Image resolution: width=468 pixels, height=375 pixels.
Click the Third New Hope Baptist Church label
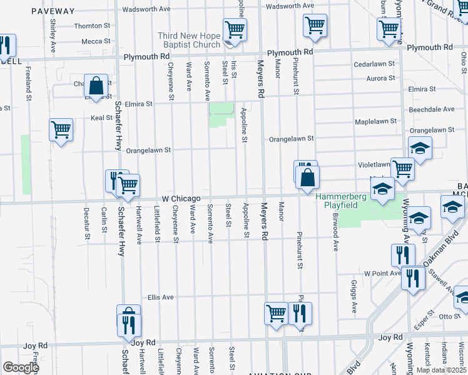(189, 41)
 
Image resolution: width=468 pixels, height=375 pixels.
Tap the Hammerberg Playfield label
(340, 201)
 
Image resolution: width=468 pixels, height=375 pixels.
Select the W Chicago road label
(182, 197)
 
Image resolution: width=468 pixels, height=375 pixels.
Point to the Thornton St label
(92, 26)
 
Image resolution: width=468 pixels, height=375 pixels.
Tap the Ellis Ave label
(160, 297)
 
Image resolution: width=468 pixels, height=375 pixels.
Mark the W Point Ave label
(382, 273)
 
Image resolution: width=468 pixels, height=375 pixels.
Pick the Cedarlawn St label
(374, 64)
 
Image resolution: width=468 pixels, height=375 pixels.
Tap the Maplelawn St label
(375, 121)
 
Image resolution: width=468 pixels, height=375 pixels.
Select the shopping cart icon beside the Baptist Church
(235, 29)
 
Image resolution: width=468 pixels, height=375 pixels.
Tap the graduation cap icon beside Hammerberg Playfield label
(382, 189)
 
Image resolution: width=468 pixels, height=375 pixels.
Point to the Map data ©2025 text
(440, 370)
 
